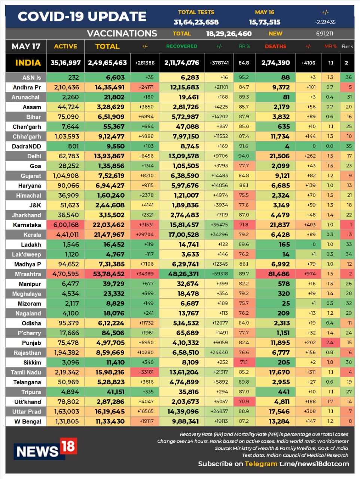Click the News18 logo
(x=45, y=449)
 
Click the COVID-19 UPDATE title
(x=82, y=16)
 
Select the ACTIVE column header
(x=65, y=46)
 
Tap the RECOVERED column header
(x=181, y=46)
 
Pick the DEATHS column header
(x=275, y=46)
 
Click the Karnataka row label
(x=27, y=225)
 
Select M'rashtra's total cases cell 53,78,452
(x=109, y=274)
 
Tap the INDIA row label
(x=28, y=63)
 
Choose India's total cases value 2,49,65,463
(x=107, y=63)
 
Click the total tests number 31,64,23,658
(x=196, y=22)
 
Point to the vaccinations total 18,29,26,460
(x=229, y=34)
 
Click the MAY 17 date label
(x=26, y=46)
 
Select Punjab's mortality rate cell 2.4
(x=330, y=342)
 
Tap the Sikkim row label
(x=32, y=362)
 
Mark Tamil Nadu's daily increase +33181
(x=145, y=372)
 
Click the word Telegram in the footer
(x=261, y=464)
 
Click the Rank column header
(x=347, y=46)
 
